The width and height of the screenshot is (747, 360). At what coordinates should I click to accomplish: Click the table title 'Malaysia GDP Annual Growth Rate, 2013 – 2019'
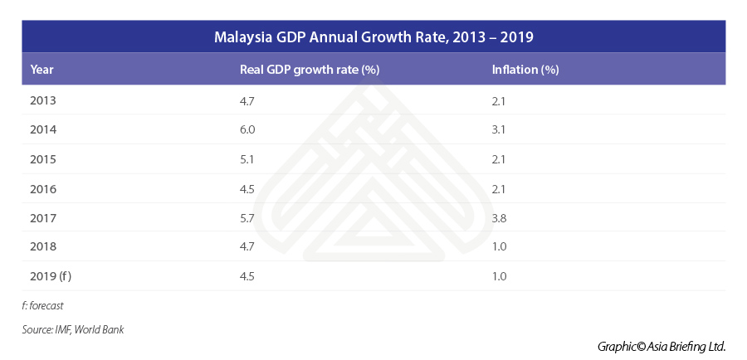point(373,37)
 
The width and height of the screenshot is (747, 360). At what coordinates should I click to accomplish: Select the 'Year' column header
point(42,70)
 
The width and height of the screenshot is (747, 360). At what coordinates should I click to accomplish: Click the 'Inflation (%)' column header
point(525,70)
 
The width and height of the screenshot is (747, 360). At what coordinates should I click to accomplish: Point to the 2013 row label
point(42,100)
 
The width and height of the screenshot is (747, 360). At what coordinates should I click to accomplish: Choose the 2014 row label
point(42,129)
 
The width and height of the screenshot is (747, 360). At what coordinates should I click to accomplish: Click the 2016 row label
point(42,187)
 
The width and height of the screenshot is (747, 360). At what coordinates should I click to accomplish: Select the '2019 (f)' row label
point(50,275)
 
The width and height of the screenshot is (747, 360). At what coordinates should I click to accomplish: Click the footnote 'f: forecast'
point(43,305)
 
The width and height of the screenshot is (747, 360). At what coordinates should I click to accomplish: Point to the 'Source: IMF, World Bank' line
point(73,330)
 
